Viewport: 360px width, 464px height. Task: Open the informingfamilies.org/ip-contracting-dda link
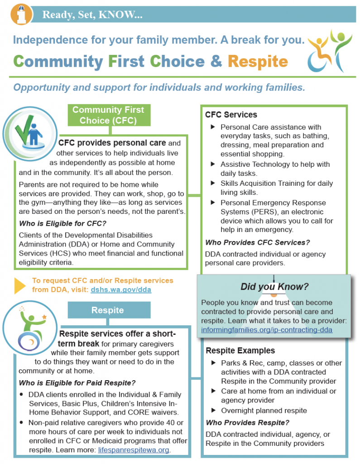[267, 330]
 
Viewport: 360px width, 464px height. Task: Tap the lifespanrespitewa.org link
[134, 449]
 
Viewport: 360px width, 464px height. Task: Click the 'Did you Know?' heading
[274, 287]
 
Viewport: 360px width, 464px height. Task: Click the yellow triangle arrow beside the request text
[19, 285]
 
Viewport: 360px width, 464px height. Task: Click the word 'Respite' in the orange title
[258, 61]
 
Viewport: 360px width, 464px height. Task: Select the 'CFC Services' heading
[231, 115]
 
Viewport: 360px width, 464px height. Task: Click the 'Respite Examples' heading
[240, 350]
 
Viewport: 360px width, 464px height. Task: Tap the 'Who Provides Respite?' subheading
[247, 423]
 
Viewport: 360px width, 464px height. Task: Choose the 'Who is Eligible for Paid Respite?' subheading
[77, 370]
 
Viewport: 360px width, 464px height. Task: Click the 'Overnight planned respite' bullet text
[264, 411]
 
